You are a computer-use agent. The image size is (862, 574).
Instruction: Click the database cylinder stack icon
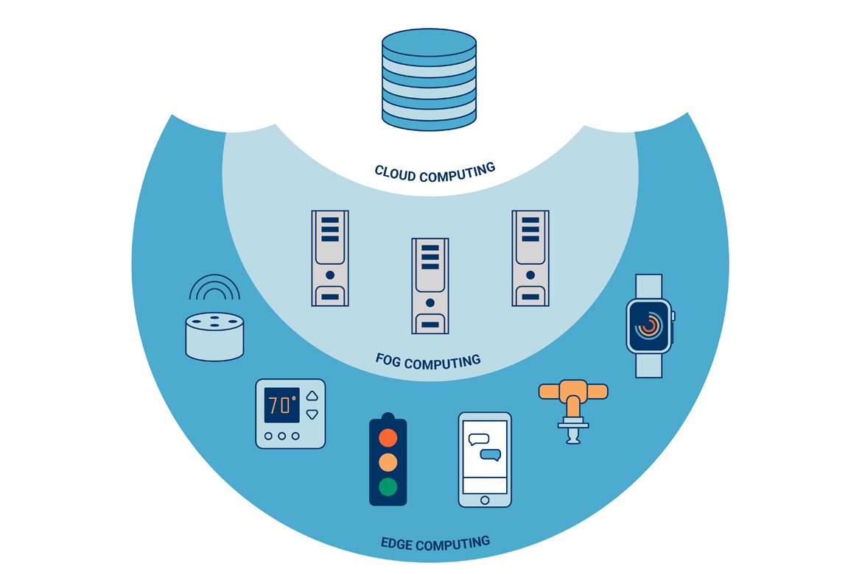pyautogui.click(x=430, y=81)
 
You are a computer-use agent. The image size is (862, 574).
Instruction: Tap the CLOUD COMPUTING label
pyautogui.click(x=435, y=172)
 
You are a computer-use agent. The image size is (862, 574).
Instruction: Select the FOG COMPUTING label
pyautogui.click(x=428, y=361)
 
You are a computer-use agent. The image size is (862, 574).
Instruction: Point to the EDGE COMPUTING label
pyautogui.click(x=435, y=544)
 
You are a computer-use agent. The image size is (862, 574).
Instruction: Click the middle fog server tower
pyautogui.click(x=430, y=285)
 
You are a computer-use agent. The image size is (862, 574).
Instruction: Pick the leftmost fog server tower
pyautogui.click(x=330, y=258)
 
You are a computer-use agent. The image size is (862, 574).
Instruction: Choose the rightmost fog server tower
pyautogui.click(x=530, y=258)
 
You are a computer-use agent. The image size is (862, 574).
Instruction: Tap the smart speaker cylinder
pyautogui.click(x=214, y=336)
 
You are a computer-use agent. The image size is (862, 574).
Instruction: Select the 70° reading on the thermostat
pyautogui.click(x=282, y=405)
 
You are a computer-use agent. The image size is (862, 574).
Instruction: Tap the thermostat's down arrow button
pyautogui.click(x=312, y=414)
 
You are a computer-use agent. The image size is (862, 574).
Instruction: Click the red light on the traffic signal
pyautogui.click(x=388, y=437)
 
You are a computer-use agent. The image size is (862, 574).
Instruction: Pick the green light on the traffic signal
pyautogui.click(x=388, y=486)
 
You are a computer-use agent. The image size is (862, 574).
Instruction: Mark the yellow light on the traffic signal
pyautogui.click(x=388, y=462)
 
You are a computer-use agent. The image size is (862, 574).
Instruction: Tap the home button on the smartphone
pyautogui.click(x=484, y=500)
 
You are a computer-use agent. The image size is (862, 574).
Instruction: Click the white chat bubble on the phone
pyautogui.click(x=479, y=439)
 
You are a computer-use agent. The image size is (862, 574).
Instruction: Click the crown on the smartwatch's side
pyautogui.click(x=673, y=316)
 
